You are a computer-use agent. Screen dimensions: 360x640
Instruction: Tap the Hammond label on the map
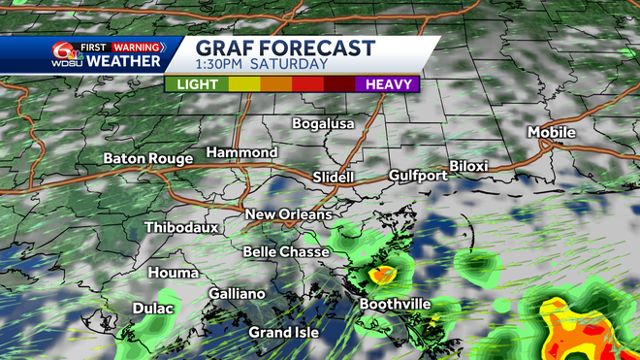pyautogui.click(x=241, y=153)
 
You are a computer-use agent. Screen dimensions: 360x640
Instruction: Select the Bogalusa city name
pyautogui.click(x=324, y=124)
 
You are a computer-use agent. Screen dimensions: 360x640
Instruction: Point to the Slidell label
pyautogui.click(x=335, y=178)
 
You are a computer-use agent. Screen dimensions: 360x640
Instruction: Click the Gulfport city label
pyautogui.click(x=418, y=176)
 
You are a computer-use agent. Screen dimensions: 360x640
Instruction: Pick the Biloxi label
pyautogui.click(x=468, y=166)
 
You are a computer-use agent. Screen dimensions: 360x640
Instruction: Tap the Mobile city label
pyautogui.click(x=552, y=133)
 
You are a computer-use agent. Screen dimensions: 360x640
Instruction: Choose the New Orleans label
pyautogui.click(x=288, y=214)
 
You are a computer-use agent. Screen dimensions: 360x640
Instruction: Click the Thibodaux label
pyautogui.click(x=181, y=228)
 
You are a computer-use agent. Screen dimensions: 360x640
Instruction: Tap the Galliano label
pyautogui.click(x=237, y=294)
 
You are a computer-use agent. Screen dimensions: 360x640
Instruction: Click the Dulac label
pyautogui.click(x=153, y=310)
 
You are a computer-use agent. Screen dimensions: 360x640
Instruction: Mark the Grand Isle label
pyautogui.click(x=283, y=333)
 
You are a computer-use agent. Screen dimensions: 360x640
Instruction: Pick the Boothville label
pyautogui.click(x=396, y=304)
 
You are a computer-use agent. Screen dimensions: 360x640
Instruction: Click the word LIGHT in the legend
pyautogui.click(x=196, y=84)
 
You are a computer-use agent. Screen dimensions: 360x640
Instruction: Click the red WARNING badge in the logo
pyautogui.click(x=136, y=46)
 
